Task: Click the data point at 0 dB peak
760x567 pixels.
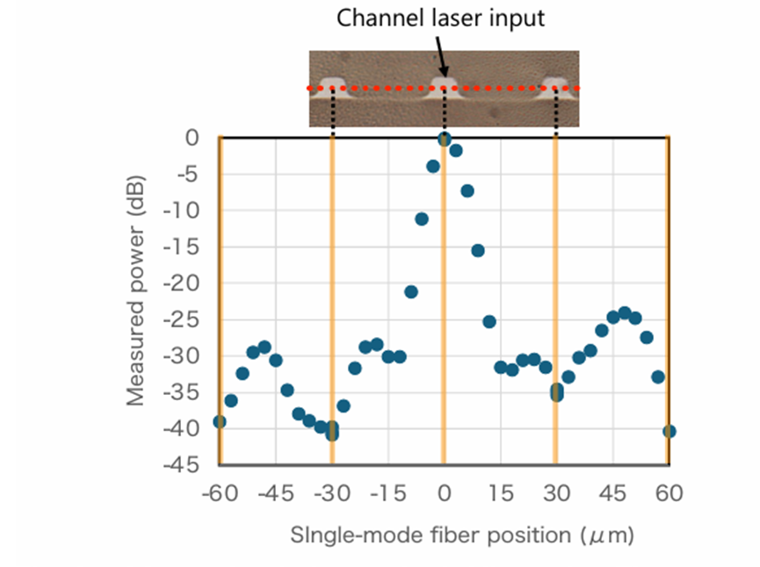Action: pos(445,139)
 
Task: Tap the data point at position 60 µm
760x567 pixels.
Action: pos(670,431)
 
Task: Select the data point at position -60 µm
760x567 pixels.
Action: pos(220,421)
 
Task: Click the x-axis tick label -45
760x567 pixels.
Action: pos(275,494)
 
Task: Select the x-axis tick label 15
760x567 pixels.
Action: pos(500,494)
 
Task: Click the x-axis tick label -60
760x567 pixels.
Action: pos(220,494)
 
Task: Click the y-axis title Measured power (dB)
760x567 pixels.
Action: pos(135,291)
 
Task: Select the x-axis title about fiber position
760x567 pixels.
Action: pos(462,534)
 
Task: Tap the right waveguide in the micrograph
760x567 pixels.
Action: pos(555,85)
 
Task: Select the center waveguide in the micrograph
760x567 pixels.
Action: pos(444,84)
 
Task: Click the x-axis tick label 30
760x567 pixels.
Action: pos(555,494)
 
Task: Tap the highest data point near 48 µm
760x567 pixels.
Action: pos(625,312)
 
